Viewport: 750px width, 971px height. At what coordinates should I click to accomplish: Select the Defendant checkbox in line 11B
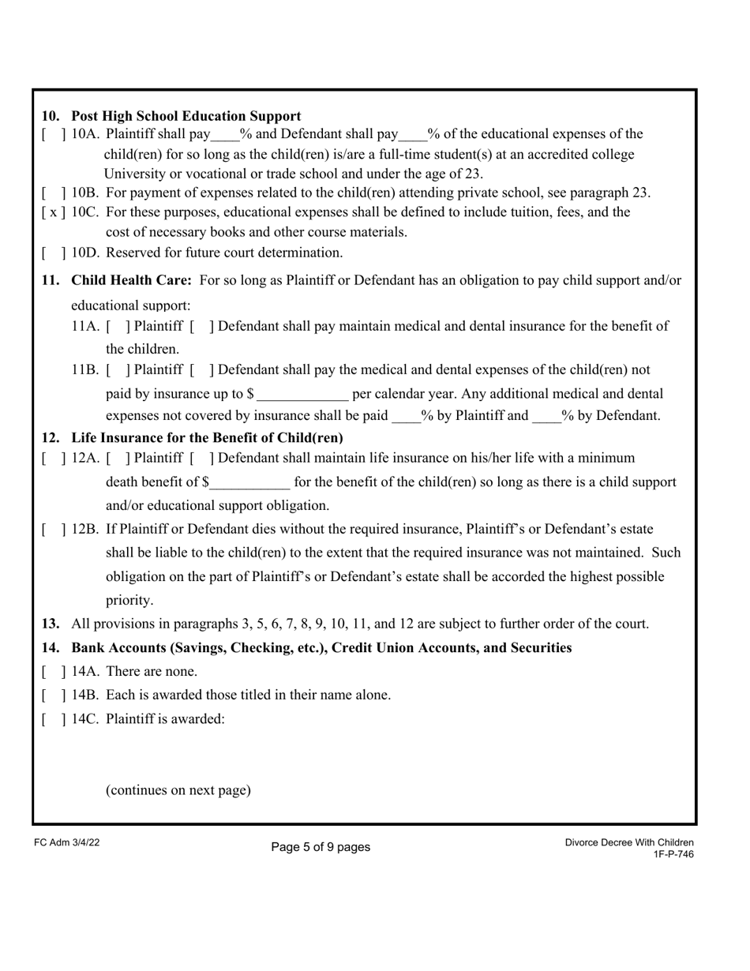coord(203,370)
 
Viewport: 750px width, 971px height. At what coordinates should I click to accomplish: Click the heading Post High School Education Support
coord(186,116)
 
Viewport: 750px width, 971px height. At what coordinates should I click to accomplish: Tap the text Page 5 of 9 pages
coord(321,847)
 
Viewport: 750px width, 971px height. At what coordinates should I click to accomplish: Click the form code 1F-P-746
coord(673,854)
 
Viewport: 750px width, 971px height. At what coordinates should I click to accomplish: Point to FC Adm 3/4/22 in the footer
coord(67,843)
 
